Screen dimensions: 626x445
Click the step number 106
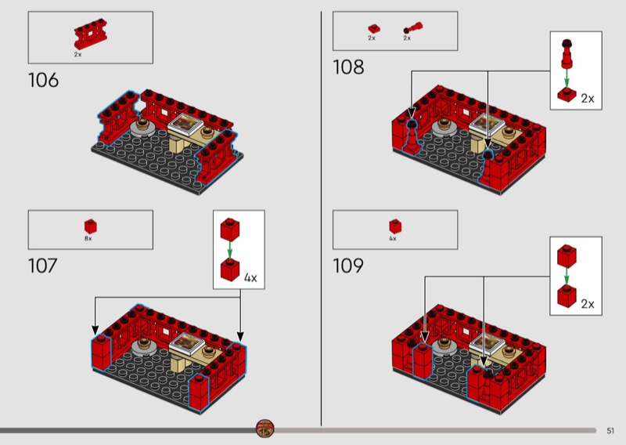pos(44,81)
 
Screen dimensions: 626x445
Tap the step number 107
pos(43,266)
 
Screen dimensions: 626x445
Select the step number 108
pos(348,67)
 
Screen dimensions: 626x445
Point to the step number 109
pos(348,266)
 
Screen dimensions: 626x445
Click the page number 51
pos(610,431)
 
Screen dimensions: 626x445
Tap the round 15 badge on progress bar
pos(264,429)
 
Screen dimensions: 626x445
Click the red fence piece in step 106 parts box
pos(91,34)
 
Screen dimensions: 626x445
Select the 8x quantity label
pos(88,239)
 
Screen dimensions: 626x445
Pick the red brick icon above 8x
pos(90,226)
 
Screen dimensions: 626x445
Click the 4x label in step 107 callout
pos(250,277)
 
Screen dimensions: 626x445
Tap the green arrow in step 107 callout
pos(229,250)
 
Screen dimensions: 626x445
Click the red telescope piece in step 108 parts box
pos(413,27)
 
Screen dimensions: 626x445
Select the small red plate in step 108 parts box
pos(374,29)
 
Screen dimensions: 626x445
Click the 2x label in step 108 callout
pos(588,99)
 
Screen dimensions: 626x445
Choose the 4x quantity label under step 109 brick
pos(393,239)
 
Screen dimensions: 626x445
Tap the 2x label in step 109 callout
pos(588,304)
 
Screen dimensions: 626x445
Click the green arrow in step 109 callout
pos(567,277)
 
